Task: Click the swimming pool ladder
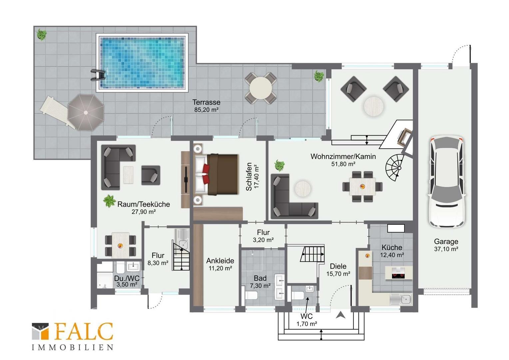pyautogui.click(x=98, y=75)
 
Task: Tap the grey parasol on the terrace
pyautogui.click(x=86, y=112)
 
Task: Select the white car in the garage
pyautogui.click(x=446, y=181)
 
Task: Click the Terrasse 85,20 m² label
pyautogui.click(x=206, y=106)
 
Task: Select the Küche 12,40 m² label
pyautogui.click(x=392, y=251)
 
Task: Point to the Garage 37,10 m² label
pyautogui.click(x=446, y=245)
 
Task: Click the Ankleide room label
pyautogui.click(x=220, y=261)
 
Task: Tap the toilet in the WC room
pyautogui.click(x=297, y=295)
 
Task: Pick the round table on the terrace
pyautogui.click(x=260, y=88)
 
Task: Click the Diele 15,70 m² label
pyautogui.click(x=338, y=270)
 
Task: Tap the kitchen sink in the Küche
pyautogui.click(x=401, y=300)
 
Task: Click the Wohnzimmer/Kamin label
pyautogui.click(x=343, y=156)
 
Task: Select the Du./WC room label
pyautogui.click(x=127, y=278)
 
